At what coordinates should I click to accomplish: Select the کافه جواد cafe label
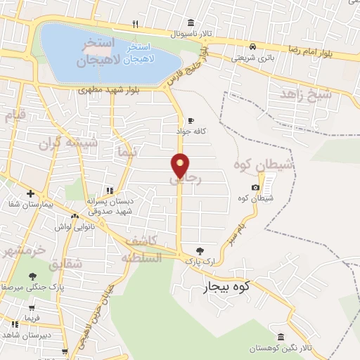coord(191,130)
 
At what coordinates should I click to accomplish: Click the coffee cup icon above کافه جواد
coord(191,120)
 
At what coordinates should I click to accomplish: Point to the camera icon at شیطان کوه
coord(255,187)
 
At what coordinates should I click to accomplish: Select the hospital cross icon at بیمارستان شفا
coord(30,193)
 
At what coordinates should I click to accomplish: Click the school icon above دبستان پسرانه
coord(110,191)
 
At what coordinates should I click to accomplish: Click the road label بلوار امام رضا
coord(311,49)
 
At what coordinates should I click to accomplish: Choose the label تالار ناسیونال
coord(189,33)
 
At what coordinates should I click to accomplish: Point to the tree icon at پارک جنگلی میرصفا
coord(32,276)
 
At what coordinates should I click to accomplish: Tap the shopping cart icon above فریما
coord(32,307)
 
